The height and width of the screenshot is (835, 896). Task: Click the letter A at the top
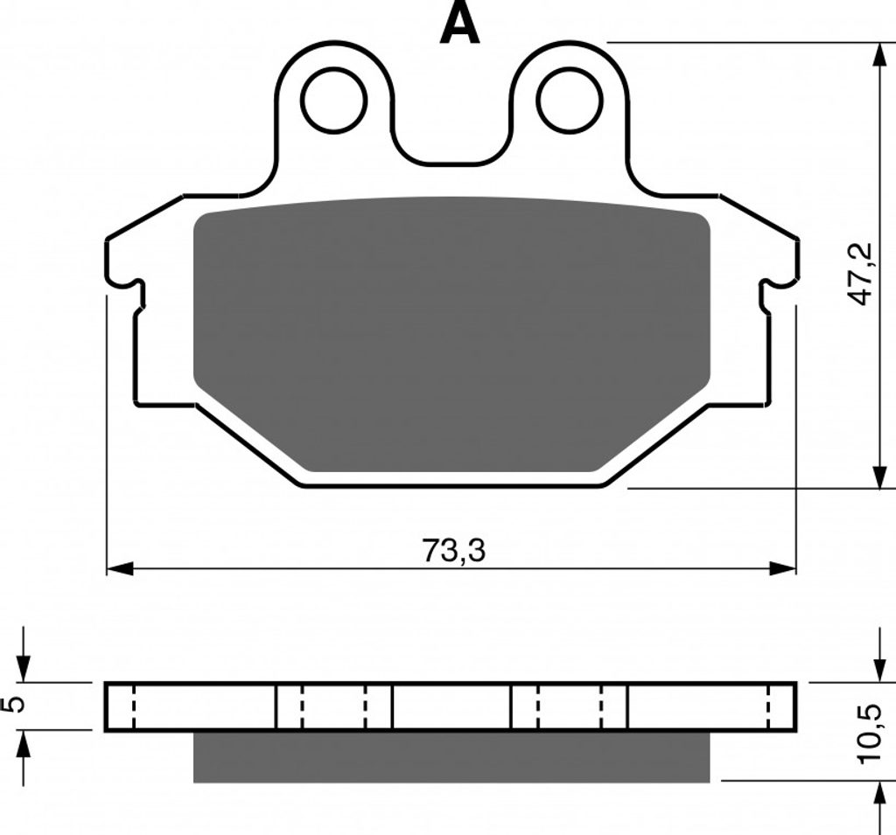(x=460, y=24)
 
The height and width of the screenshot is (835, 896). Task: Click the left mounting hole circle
(x=334, y=100)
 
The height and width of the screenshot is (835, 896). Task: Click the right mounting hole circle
(x=570, y=100)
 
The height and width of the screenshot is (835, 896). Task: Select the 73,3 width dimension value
(x=453, y=551)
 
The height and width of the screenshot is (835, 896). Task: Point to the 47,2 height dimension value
(x=860, y=274)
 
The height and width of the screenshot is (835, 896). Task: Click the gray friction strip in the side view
(x=451, y=757)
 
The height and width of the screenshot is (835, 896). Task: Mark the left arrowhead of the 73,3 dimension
(x=119, y=568)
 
